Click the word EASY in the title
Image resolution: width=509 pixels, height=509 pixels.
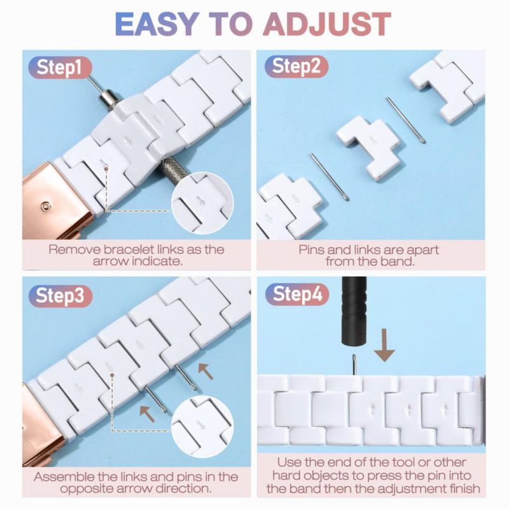coord(157,24)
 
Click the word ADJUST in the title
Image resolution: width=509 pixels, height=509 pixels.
coord(327,24)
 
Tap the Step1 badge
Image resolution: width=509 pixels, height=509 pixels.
coord(60,68)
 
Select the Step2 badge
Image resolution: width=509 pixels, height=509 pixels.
coord(296,66)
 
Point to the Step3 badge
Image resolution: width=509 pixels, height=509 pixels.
coord(60,296)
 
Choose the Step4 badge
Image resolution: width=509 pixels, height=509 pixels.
coord(297,294)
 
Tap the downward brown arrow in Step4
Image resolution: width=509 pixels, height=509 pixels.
coord(384,345)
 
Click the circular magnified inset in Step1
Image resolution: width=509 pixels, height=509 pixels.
coord(202,203)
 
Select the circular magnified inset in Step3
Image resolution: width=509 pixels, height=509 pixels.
coord(202,427)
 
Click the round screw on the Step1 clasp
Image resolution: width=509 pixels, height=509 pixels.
coord(45,206)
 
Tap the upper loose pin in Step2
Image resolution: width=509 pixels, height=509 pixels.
coord(406,120)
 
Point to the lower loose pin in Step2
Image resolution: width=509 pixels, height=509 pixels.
coord(330,177)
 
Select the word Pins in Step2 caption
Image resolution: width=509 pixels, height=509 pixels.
coord(310,250)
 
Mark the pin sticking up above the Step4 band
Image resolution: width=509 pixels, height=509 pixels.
coord(354,364)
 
